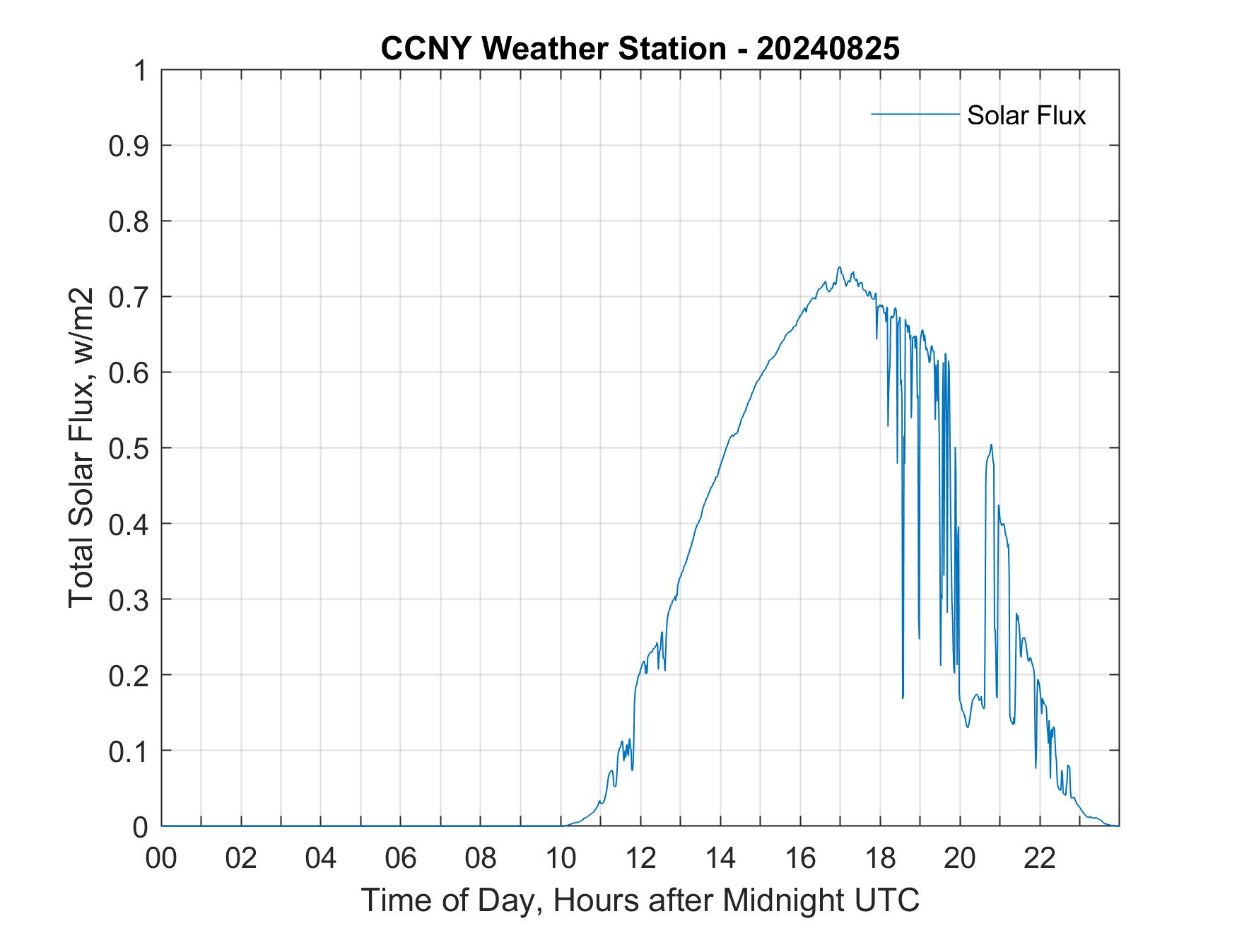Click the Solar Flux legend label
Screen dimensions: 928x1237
pos(1026,115)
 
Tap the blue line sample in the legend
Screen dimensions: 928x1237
pos(915,114)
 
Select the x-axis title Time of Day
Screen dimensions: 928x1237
pos(640,900)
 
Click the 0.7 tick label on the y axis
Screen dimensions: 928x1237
pos(130,297)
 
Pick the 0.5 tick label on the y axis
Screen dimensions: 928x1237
pos(130,448)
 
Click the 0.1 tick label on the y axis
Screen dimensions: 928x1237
pos(130,751)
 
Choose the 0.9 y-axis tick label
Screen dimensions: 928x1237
pos(130,146)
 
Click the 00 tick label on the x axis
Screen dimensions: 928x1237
pos(161,859)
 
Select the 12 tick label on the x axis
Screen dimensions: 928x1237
pos(640,859)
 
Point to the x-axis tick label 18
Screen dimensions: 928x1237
pos(880,859)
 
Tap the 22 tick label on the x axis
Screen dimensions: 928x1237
pos(1040,859)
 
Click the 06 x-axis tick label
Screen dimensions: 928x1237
pos(401,859)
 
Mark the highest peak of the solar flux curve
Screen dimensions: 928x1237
pos(839,267)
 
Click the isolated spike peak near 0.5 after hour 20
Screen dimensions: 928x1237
pos(991,445)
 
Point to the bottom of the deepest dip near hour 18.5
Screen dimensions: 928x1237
pos(903,698)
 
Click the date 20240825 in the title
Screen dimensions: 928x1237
pos(828,49)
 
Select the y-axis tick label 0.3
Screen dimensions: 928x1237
pos(130,599)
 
